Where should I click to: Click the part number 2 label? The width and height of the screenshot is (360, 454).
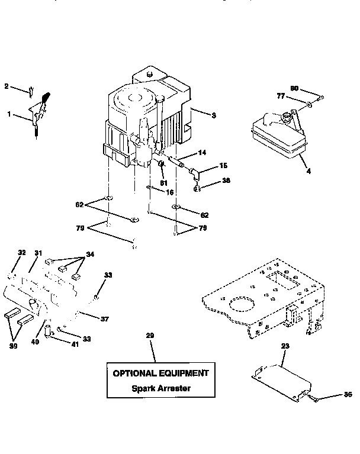(7, 86)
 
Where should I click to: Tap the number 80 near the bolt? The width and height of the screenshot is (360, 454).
(294, 88)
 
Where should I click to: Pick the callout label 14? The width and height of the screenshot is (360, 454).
(202, 153)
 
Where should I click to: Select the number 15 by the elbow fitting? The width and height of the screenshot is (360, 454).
(223, 165)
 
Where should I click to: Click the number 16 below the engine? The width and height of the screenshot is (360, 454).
(170, 193)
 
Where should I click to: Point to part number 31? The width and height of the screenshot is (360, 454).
(38, 253)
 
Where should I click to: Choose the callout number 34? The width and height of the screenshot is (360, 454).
(91, 255)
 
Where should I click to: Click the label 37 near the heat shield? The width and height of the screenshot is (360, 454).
(104, 318)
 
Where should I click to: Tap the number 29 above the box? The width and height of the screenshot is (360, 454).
(150, 336)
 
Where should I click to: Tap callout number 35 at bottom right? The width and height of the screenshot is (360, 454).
(347, 394)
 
